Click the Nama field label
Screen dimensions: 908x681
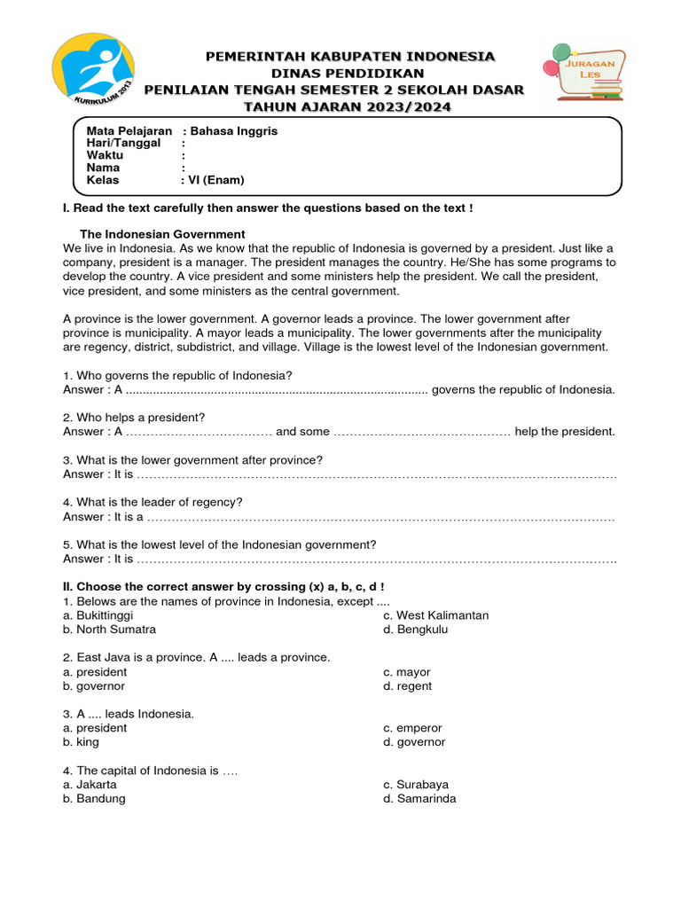click(103, 168)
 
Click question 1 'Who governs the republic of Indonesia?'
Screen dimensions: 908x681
click(177, 375)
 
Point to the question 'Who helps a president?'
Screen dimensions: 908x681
click(134, 417)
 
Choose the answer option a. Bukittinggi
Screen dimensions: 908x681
click(98, 615)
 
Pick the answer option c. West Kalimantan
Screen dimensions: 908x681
click(435, 615)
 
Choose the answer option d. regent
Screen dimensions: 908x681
click(407, 686)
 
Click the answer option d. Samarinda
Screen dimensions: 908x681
click(419, 799)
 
